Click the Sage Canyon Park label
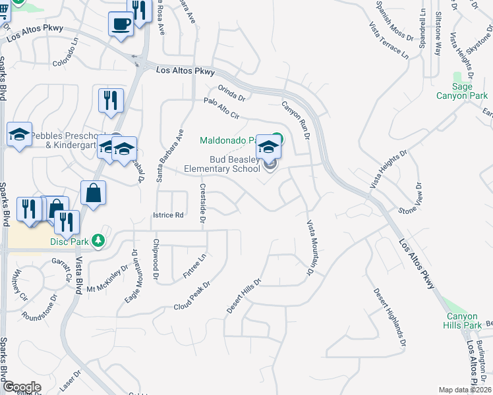point(461,91)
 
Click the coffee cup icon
point(121,24)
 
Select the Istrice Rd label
point(168,215)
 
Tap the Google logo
point(21,387)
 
